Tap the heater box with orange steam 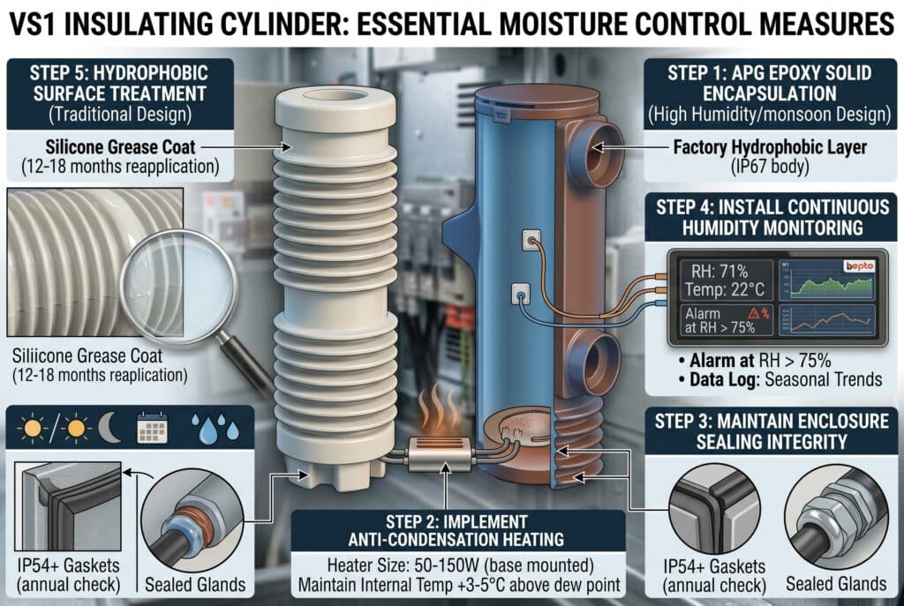447,453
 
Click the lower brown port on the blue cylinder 586,361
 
